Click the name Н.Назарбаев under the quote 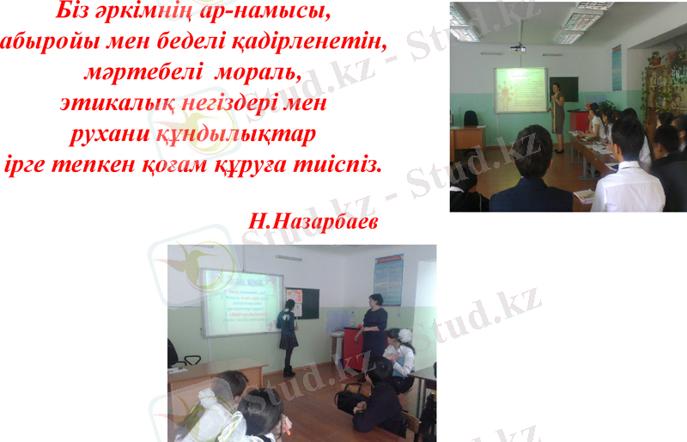(313, 219)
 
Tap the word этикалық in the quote (111, 103)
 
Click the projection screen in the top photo (520, 89)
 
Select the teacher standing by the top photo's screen (558, 114)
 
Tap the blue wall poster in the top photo (616, 67)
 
